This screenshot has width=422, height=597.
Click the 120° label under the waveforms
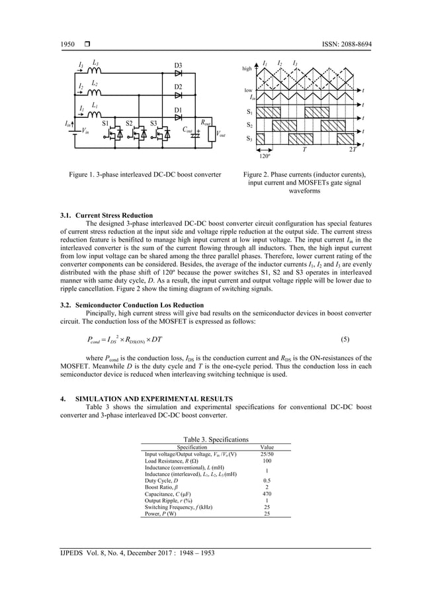pyautogui.click(x=263, y=158)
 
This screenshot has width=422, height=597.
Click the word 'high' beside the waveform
pyautogui.click(x=247, y=69)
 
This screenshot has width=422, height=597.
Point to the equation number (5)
pyautogui.click(x=345, y=340)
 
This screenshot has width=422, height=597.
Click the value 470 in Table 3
pyautogui.click(x=267, y=494)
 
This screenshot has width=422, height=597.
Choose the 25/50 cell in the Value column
pyautogui.click(x=267, y=454)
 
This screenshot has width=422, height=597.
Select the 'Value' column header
pyautogui.click(x=267, y=447)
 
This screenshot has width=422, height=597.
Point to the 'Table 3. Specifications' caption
pyautogui.click(x=216, y=439)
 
